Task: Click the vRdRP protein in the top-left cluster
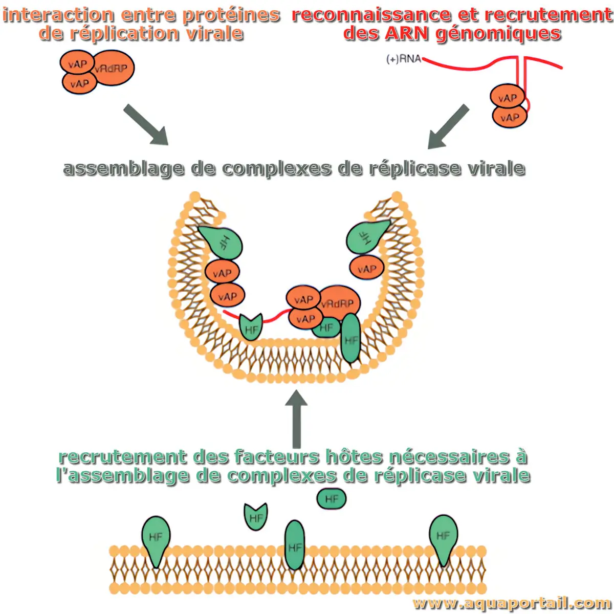113,68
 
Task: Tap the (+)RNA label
403,59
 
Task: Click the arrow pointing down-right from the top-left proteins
146,124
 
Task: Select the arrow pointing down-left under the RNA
448,127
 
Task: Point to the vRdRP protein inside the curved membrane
338,303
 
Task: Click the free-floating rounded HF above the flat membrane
332,499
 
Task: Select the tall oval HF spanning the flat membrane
295,545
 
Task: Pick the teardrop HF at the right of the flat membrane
443,537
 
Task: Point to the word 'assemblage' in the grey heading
123,168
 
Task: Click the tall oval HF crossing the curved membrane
351,338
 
